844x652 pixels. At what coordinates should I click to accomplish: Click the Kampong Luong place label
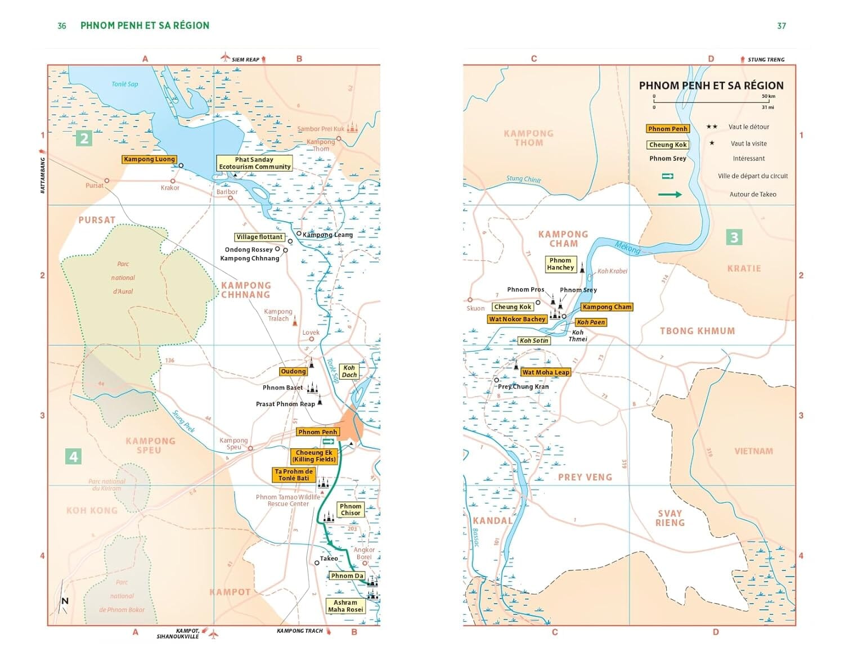point(149,159)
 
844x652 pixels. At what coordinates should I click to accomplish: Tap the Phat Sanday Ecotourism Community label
point(254,163)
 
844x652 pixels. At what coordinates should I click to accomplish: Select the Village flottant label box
point(259,237)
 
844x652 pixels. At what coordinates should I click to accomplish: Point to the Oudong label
point(293,371)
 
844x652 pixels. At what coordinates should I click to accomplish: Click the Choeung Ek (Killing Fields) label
point(314,456)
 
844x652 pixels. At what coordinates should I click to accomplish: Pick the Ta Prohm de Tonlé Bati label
point(293,475)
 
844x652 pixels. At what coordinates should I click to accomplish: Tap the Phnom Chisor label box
point(350,510)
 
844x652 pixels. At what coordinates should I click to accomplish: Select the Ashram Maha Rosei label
point(345,606)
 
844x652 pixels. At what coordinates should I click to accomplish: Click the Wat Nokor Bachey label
point(517,319)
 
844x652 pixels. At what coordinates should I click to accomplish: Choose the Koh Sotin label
point(533,340)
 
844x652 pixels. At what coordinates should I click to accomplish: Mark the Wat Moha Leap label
point(545,372)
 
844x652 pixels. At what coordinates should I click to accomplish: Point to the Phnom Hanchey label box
point(560,264)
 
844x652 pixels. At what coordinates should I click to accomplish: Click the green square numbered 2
point(84,138)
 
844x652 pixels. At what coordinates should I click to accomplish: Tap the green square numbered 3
point(734,237)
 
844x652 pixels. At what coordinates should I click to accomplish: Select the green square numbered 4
point(73,456)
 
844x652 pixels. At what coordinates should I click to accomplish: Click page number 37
point(781,26)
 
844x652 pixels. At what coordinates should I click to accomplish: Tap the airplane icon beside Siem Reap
point(225,58)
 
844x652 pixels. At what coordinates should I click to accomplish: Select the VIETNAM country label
point(753,451)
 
